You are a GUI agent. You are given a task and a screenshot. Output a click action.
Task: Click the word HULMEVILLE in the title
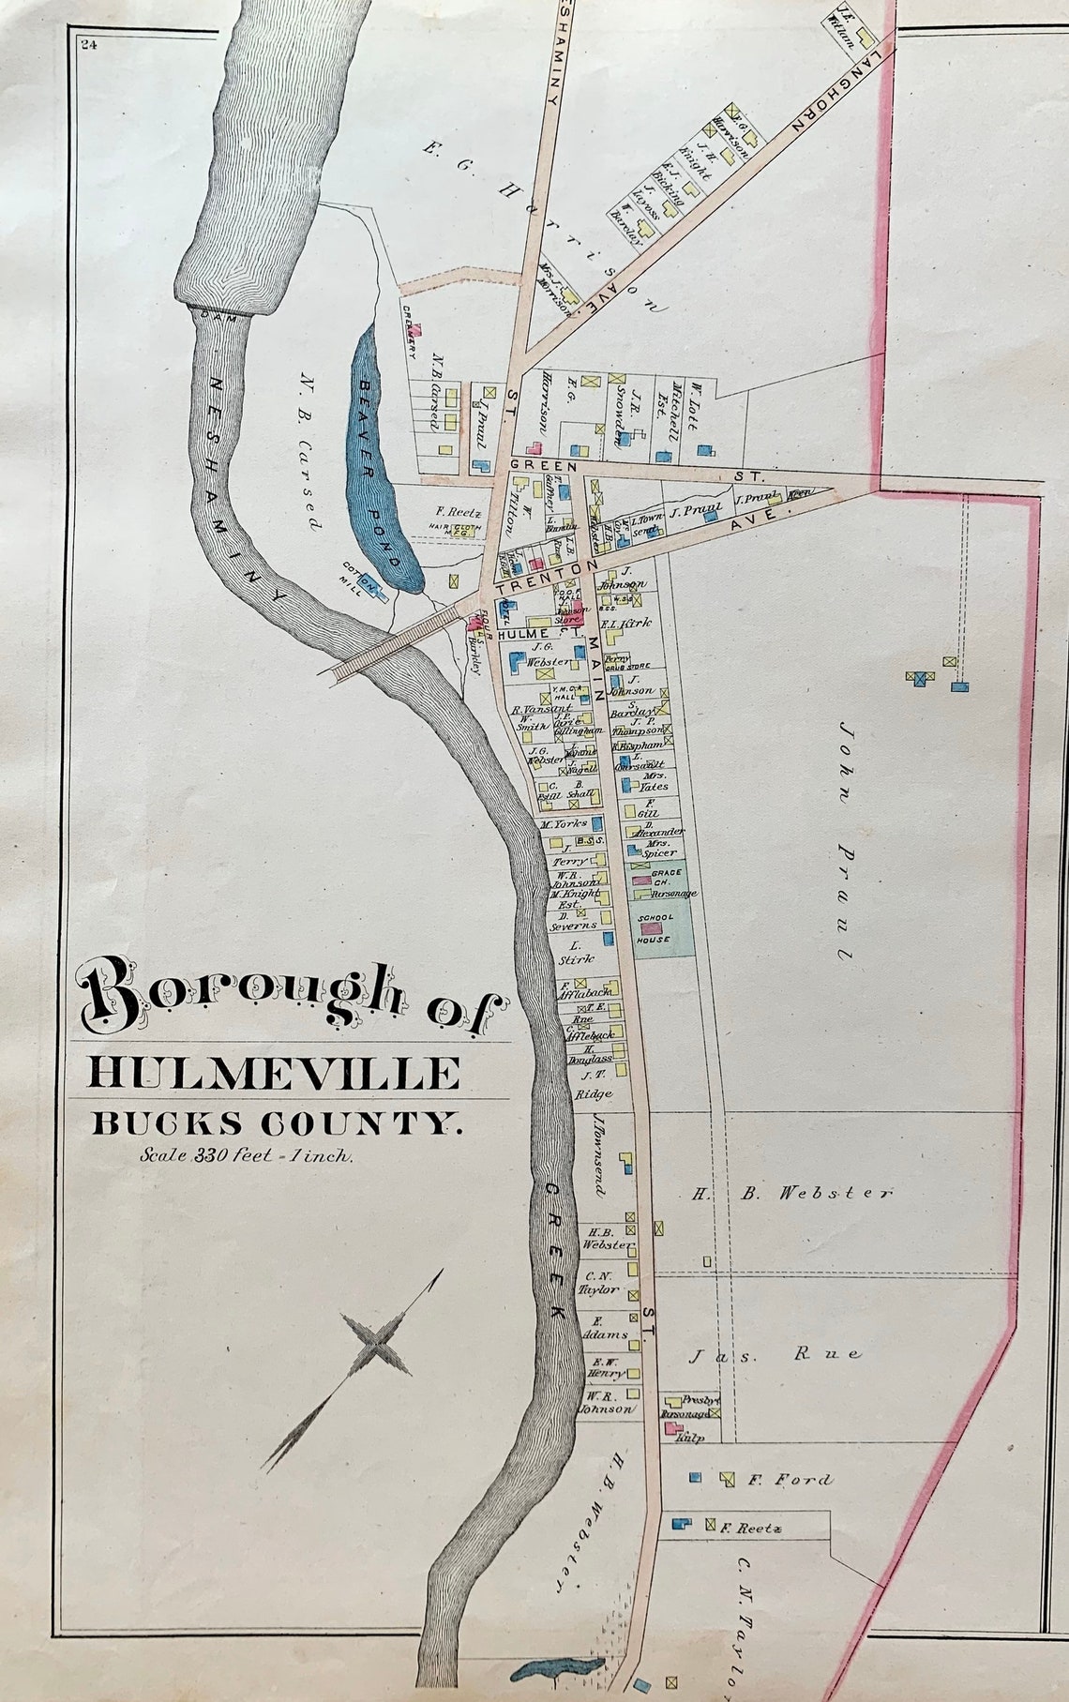click(275, 1071)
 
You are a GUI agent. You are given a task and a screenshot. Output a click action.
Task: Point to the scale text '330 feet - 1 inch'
click(246, 1156)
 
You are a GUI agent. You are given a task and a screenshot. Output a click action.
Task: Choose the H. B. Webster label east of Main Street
click(792, 1194)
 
